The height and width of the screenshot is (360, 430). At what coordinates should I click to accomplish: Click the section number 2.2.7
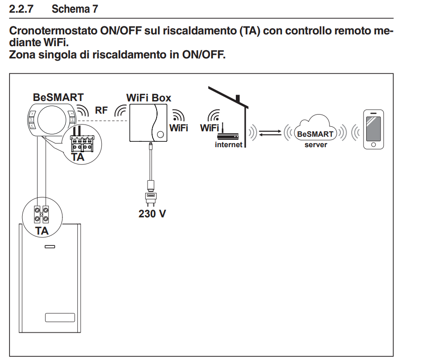[25, 9]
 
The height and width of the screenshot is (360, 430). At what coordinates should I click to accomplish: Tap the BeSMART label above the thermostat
[58, 97]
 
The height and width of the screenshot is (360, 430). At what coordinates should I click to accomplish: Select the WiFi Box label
[148, 97]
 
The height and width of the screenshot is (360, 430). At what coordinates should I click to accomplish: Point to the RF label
[101, 109]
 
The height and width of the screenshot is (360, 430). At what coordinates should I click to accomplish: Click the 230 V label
[152, 213]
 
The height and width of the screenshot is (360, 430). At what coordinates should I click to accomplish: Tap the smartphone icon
[373, 130]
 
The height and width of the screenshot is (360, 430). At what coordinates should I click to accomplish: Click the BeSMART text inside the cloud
[315, 134]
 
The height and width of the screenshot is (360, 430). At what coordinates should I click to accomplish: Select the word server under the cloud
[315, 145]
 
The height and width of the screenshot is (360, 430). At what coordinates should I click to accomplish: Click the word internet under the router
[229, 145]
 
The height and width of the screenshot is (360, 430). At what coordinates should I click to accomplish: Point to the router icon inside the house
[228, 135]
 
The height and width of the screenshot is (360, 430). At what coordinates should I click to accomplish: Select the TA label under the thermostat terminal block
[78, 158]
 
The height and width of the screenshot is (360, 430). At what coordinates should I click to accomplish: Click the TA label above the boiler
[42, 230]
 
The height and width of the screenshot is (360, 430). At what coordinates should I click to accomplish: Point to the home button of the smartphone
[373, 145]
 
